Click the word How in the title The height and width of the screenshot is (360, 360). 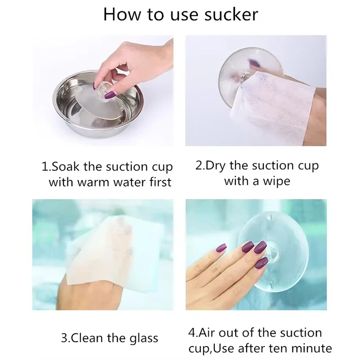(x=120, y=14)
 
